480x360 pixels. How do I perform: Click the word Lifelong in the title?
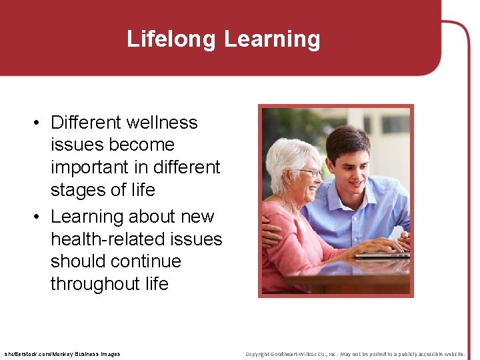pyautogui.click(x=172, y=39)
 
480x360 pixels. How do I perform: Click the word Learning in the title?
pyautogui.click(x=272, y=39)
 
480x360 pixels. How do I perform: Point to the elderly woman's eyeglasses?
pyautogui.click(x=311, y=173)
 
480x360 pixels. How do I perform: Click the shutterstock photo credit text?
pyautogui.click(x=62, y=354)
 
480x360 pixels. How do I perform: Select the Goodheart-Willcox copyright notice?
pyautogui.click(x=355, y=354)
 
